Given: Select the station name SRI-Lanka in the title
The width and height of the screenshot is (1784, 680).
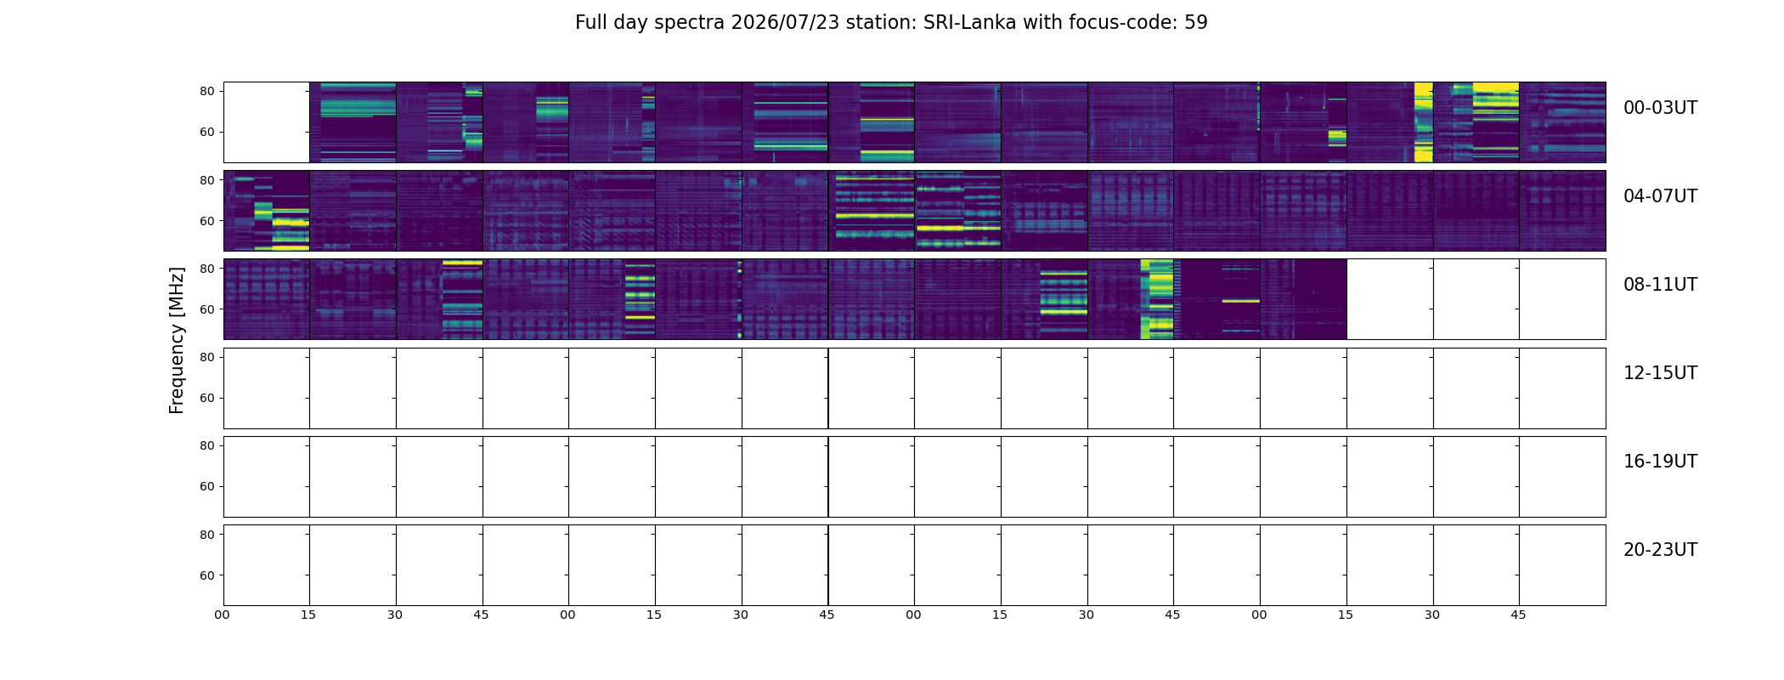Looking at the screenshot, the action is coord(969,23).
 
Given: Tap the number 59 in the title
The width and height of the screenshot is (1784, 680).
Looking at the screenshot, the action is coord(1196,23).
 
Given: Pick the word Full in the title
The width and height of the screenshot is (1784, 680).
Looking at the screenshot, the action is coord(590,23).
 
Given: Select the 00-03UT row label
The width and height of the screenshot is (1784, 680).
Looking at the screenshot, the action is coord(1660,108).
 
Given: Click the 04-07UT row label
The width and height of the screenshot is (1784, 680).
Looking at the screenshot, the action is coord(1660,196).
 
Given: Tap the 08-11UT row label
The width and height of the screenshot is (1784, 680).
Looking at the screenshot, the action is coord(1660,285).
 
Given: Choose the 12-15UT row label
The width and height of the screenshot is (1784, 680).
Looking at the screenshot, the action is coord(1660,373).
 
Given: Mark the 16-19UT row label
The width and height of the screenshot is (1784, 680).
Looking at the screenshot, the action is coord(1660,462).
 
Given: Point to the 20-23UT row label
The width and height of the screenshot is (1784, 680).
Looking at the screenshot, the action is coord(1660,550).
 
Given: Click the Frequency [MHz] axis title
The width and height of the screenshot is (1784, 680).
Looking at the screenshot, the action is coord(177,341).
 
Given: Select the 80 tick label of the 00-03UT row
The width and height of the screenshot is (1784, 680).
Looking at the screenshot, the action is coord(206,92).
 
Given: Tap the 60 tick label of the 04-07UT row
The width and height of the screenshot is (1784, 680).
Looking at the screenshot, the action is coord(206,221).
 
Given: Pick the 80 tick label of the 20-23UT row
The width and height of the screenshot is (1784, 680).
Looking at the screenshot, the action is coord(206,535).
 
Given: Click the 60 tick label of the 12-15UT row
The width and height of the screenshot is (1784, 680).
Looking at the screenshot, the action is coord(206,398).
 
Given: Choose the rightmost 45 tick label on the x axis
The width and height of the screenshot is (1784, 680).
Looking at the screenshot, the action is coord(1518,615).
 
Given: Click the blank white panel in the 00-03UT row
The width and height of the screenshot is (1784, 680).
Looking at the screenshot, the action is coord(267,122).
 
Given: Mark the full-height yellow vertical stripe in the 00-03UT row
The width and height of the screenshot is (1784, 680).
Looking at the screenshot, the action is coord(1423,122).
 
